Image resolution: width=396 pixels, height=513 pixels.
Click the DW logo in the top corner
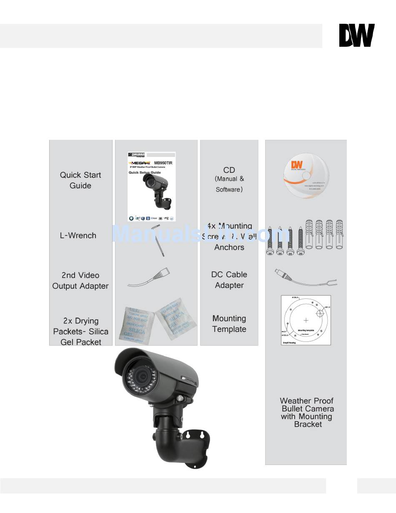356,35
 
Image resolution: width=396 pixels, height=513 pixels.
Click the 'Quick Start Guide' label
80,180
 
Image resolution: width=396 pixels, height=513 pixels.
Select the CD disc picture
306,173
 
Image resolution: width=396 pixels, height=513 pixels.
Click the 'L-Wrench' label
78,235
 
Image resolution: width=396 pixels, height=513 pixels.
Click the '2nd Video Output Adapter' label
80,281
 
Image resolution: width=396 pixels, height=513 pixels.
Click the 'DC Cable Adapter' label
229,280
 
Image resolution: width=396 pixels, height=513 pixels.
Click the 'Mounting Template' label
229,324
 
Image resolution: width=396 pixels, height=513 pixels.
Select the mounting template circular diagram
306,320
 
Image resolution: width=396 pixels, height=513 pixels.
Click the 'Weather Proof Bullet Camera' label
307,412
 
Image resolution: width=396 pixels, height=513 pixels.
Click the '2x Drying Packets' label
80,331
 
